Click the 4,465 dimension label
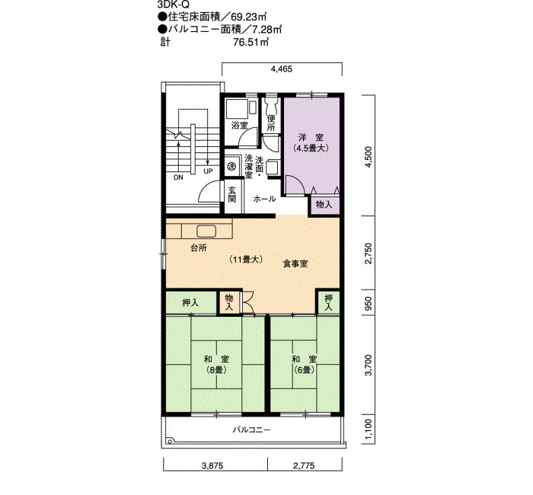click(281, 69)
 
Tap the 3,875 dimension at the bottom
click(212, 465)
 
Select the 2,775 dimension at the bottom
click(304, 465)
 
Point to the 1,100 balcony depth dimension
click(369, 429)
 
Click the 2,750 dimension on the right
click(369, 254)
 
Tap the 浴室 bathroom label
click(239, 126)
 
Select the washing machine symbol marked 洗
click(231, 166)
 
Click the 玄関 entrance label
click(231, 194)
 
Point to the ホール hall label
click(264, 199)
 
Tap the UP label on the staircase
click(208, 171)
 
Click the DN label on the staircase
click(178, 177)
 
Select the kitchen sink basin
click(206, 232)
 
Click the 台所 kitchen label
click(199, 247)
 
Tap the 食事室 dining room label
click(295, 263)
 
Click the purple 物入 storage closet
click(324, 205)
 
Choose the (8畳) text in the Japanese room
click(216, 370)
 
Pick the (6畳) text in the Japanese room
click(305, 370)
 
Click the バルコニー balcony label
click(251, 430)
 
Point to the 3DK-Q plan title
click(174, 5)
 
